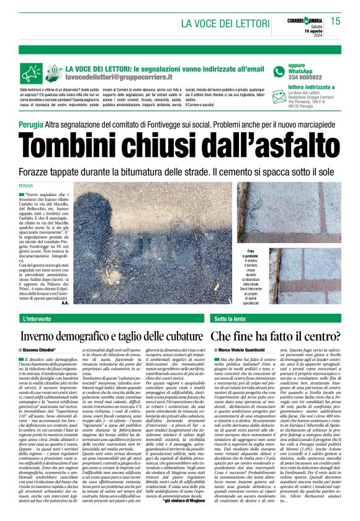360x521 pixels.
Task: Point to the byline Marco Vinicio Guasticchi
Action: pyautogui.click(x=246, y=350)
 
